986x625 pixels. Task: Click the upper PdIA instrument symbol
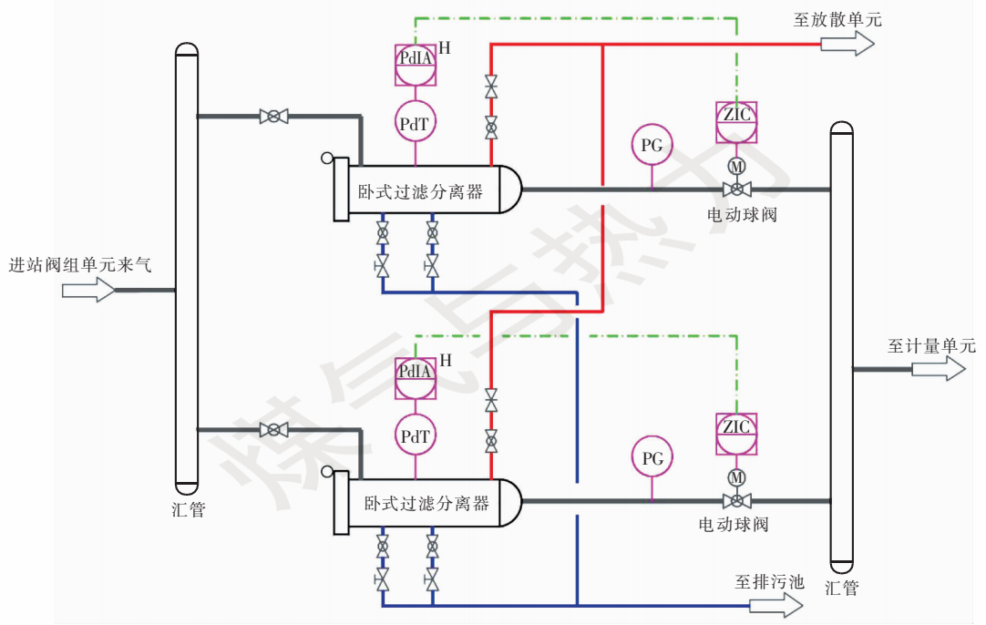(415, 60)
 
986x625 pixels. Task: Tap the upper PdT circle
(415, 123)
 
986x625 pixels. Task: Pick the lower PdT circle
(415, 436)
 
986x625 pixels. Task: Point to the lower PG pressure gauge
(652, 457)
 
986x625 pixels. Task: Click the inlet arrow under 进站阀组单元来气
(88, 291)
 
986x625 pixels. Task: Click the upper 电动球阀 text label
(742, 215)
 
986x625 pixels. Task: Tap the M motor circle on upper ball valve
(735, 166)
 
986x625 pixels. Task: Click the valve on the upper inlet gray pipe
(273, 116)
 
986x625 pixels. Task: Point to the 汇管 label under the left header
(188, 508)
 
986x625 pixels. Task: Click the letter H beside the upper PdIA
(445, 48)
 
